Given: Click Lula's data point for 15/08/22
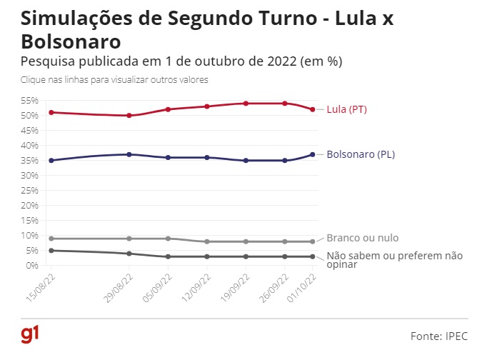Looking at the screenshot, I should point(51,112).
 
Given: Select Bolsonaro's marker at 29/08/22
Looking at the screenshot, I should point(129,154).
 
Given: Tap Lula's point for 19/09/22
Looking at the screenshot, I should point(246,104).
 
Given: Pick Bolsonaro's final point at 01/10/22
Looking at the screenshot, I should point(313,154).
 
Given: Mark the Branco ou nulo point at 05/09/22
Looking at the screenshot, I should point(168,239).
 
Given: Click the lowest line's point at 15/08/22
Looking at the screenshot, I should point(51,251).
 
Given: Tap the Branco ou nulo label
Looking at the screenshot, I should point(362,238).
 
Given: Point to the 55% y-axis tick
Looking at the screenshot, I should point(30,101).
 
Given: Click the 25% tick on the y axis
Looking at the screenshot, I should point(30,190).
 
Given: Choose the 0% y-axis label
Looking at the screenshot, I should point(32,265).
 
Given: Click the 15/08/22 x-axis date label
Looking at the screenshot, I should point(44,284).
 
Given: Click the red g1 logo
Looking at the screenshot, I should point(29,334).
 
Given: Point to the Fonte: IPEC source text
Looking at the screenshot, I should point(438,335).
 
